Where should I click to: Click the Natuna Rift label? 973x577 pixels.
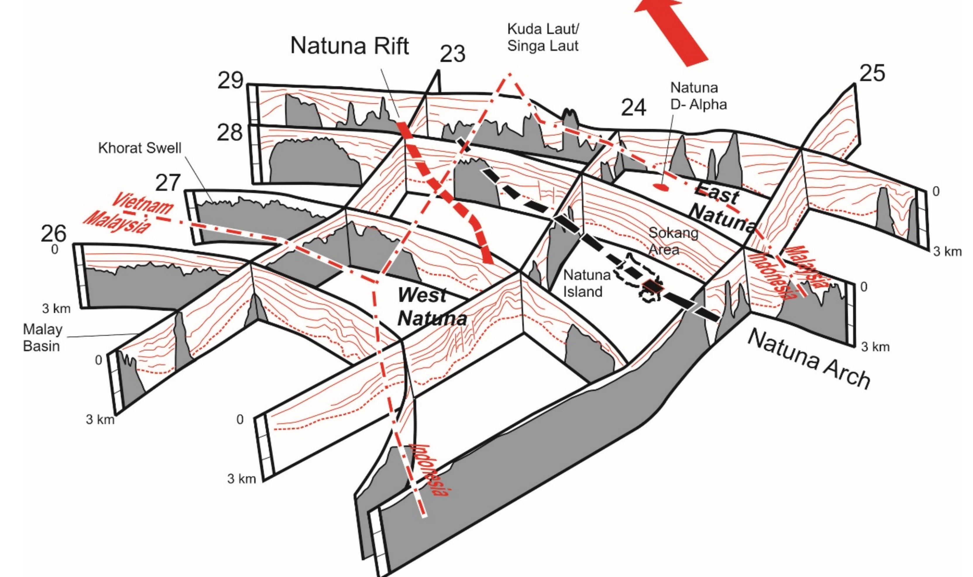(349, 46)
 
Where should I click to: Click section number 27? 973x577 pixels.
(168, 183)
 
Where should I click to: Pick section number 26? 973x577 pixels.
(54, 234)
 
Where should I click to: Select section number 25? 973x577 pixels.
(872, 73)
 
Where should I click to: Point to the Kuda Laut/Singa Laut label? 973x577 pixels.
(543, 38)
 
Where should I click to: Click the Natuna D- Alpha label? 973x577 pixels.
(698, 96)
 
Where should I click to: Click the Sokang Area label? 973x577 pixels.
(673, 241)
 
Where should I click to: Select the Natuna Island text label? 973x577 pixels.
(587, 283)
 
